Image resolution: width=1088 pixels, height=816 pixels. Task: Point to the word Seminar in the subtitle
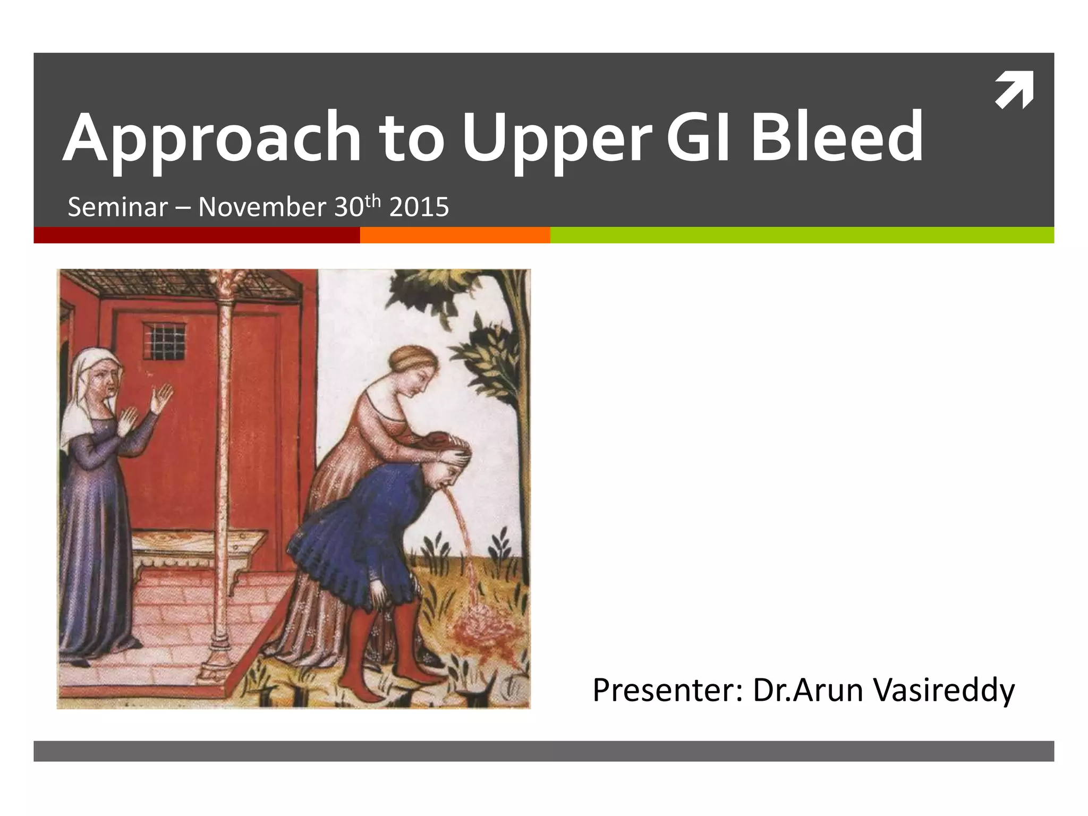117,207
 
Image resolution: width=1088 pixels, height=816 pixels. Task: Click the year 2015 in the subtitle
419,207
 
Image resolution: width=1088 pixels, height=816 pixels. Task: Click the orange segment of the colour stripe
455,235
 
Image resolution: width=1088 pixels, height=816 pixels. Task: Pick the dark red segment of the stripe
197,235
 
